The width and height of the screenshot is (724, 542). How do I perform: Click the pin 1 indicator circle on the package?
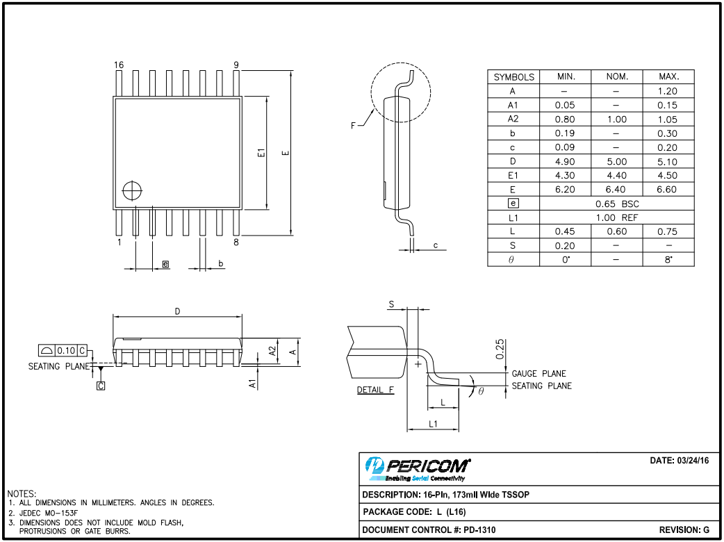[131, 190]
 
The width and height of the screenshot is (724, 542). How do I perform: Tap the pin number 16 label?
[119, 65]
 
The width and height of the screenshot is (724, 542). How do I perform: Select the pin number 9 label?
[236, 65]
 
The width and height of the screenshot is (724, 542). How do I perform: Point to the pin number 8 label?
[236, 243]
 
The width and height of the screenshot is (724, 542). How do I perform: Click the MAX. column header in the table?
[667, 76]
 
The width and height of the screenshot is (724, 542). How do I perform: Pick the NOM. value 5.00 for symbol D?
[616, 161]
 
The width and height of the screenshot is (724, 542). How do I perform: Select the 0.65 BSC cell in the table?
[616, 204]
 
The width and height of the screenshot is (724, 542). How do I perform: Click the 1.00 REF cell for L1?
[616, 217]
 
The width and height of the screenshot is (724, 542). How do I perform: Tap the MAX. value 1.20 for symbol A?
[667, 91]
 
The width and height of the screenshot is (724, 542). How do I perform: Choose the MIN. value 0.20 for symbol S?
[565, 245]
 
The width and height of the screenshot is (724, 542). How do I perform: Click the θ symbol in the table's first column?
[512, 260]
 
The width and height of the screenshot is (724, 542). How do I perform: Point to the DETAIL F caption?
[375, 390]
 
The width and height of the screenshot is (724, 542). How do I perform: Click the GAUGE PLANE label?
[538, 373]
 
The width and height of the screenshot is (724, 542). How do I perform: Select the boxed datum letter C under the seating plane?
[101, 385]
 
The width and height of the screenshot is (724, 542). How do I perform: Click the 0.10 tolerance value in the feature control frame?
[66, 351]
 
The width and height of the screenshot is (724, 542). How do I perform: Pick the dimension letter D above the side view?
[178, 312]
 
